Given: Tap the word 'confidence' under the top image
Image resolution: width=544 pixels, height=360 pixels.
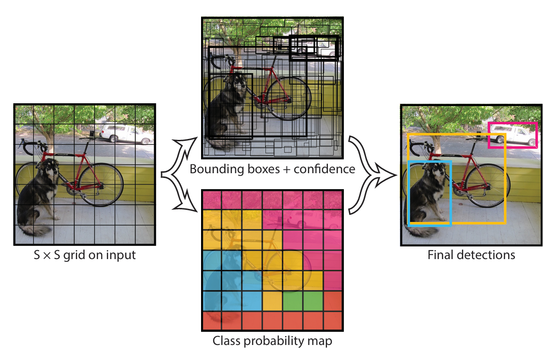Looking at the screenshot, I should (325, 169).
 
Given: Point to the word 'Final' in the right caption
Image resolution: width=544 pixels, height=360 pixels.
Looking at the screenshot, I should (440, 255).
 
